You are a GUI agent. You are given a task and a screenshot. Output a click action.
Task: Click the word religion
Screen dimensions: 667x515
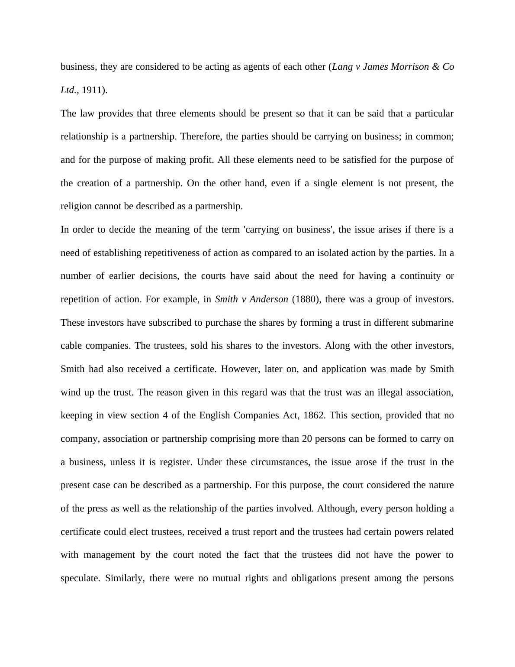76,206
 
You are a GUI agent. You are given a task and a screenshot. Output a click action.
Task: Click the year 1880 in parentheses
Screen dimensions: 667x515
306,299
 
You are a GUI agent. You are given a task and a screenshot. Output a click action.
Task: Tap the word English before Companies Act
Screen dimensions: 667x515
215,415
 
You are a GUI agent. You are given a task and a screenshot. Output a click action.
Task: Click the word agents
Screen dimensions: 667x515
257,67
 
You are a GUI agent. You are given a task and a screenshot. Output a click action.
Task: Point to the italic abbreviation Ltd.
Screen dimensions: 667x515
68,90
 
